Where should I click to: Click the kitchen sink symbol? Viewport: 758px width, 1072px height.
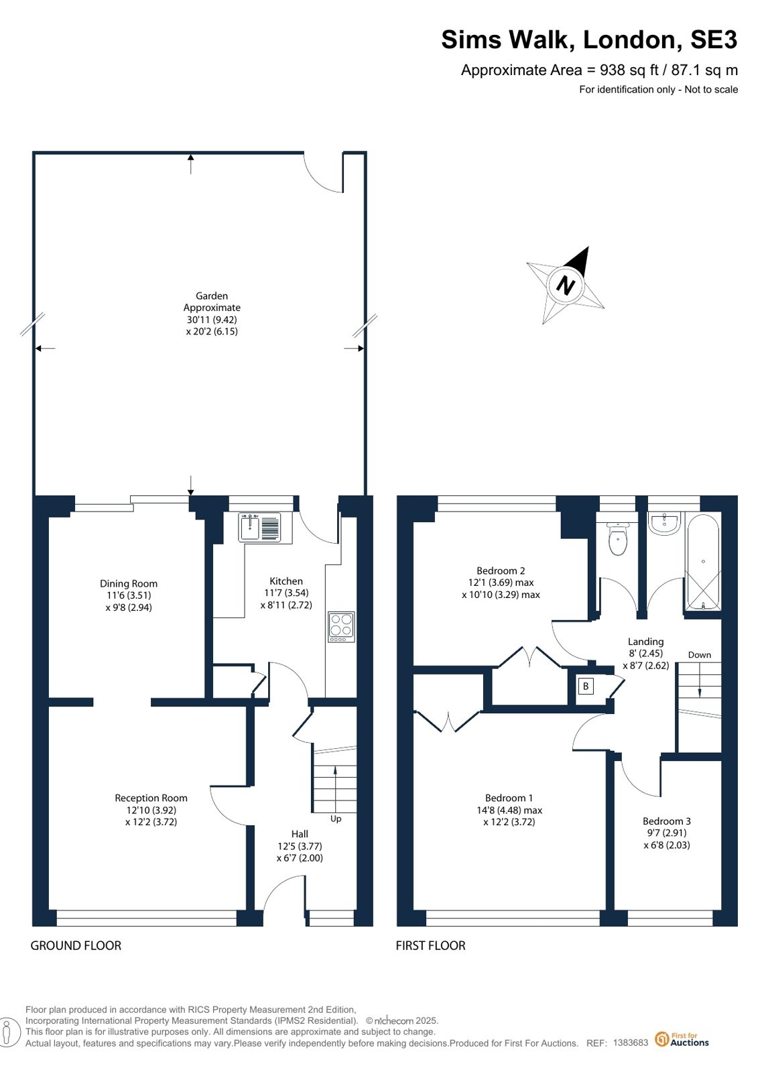[259, 527]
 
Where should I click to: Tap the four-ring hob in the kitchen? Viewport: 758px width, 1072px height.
[341, 626]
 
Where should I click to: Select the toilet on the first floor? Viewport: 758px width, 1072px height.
[618, 538]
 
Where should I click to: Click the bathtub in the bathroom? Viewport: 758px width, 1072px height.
[703, 562]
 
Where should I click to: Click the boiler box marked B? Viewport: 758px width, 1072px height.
[586, 687]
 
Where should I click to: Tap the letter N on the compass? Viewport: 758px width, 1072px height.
[565, 286]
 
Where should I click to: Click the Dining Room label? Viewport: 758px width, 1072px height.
[128, 583]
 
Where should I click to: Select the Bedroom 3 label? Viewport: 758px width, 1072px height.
[667, 821]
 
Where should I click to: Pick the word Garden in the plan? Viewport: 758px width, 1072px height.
[212, 296]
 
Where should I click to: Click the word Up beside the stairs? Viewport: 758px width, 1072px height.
[336, 819]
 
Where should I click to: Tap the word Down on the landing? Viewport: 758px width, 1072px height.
[700, 655]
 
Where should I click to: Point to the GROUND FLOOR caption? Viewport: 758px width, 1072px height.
[76, 946]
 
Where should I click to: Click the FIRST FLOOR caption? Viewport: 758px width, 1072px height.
[430, 946]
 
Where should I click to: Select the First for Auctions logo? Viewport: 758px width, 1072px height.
[682, 1039]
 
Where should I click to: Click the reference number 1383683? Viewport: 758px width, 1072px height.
[630, 1043]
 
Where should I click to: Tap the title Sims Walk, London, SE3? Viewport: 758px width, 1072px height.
[589, 40]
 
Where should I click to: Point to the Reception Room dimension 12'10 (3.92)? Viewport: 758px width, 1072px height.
[151, 811]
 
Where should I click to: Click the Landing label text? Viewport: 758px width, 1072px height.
[645, 642]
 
